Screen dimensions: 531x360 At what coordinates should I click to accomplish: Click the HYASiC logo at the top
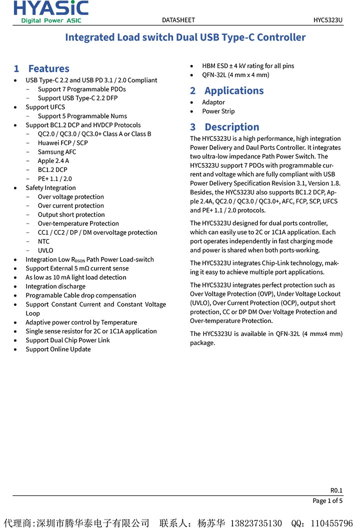coord(51,11)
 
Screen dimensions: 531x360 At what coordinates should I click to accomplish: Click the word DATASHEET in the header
coord(178,20)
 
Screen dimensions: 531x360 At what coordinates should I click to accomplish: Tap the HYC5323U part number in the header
coord(328,20)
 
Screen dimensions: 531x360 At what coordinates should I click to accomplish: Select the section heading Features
coord(48,68)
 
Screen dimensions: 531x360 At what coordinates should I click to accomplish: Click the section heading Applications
coord(233,90)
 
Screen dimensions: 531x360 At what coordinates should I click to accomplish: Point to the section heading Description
coord(231,127)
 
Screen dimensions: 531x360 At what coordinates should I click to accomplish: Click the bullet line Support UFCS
coord(45,107)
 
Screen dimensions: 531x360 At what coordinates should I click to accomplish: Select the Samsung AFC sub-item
coord(57,152)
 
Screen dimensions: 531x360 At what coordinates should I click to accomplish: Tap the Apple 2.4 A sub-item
coord(53,161)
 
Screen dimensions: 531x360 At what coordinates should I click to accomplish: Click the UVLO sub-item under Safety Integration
coord(45,250)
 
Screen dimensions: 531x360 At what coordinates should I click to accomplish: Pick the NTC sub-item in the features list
coord(44,241)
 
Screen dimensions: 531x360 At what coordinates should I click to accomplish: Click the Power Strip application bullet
coord(218,111)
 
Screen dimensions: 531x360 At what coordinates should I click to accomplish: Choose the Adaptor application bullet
coord(213,102)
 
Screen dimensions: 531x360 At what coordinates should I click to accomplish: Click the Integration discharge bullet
coord(55,286)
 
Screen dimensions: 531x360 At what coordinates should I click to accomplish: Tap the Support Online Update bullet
coord(58,349)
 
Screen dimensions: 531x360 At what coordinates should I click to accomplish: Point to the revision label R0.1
coord(336,490)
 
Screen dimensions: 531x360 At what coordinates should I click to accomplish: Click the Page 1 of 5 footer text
coord(327,500)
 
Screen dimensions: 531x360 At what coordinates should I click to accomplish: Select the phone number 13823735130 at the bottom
coord(255,523)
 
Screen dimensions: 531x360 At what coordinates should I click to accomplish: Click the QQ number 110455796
coord(331,523)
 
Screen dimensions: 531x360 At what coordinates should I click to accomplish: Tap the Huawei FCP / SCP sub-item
coord(62,143)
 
